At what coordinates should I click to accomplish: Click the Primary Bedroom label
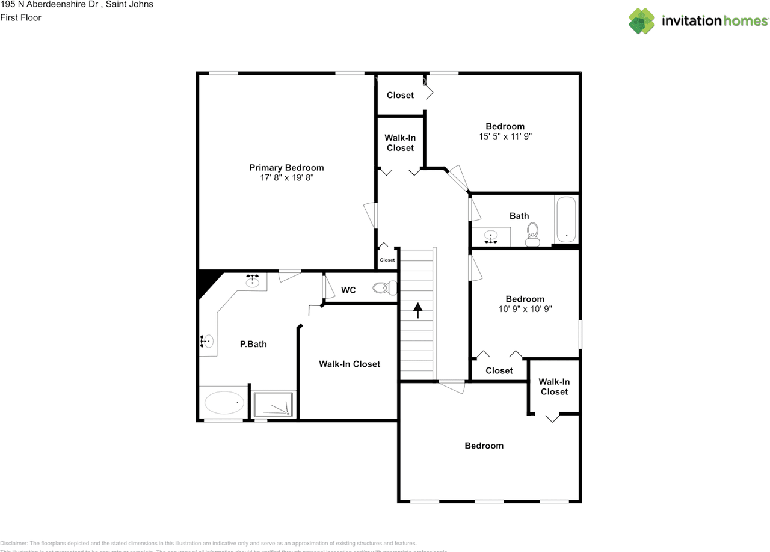(x=286, y=168)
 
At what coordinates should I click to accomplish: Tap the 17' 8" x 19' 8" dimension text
(x=286, y=178)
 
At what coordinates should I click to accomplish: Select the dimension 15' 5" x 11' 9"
(x=505, y=136)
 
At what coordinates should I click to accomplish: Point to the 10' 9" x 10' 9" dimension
(x=525, y=309)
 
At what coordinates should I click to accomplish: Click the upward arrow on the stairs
(x=417, y=310)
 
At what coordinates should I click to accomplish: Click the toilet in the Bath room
(x=532, y=235)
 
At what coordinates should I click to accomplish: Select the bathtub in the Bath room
(x=566, y=220)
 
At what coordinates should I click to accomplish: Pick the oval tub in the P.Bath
(x=224, y=403)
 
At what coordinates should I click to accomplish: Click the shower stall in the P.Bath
(x=274, y=404)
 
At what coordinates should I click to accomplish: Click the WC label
(x=348, y=290)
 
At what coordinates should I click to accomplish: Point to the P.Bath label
(x=253, y=345)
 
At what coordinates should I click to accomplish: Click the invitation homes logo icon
(x=642, y=21)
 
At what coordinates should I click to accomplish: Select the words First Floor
(x=21, y=17)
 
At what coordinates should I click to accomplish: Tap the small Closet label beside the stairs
(x=387, y=260)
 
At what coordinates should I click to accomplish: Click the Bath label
(x=519, y=216)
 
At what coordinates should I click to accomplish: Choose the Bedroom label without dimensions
(x=484, y=446)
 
